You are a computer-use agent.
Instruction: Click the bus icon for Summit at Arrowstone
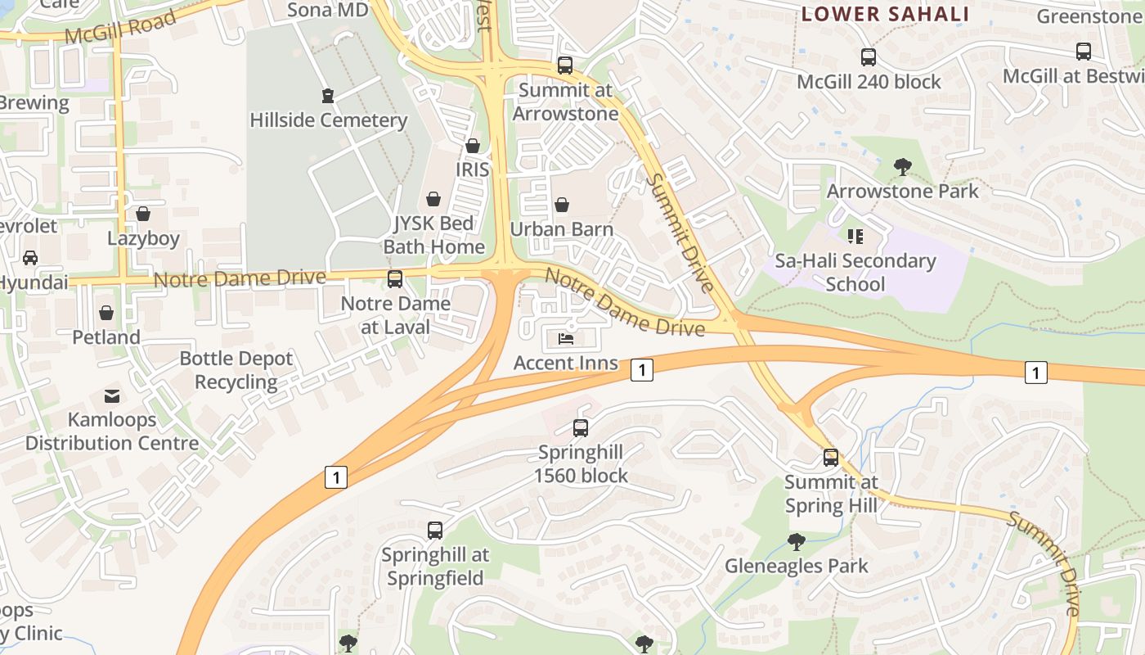(564, 65)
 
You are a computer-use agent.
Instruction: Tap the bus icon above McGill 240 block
(869, 57)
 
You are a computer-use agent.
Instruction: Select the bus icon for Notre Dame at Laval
(395, 279)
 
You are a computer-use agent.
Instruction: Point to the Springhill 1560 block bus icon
(581, 427)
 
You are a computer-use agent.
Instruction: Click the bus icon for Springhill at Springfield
(435, 531)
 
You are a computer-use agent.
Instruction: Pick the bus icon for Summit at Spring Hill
(831, 458)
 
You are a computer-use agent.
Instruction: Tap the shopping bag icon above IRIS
(472, 146)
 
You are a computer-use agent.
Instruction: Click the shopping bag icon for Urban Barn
(562, 205)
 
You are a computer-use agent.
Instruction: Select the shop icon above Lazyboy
(143, 215)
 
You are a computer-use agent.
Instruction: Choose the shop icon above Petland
(106, 313)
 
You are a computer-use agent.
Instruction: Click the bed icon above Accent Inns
(565, 338)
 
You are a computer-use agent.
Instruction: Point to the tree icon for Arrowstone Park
(902, 167)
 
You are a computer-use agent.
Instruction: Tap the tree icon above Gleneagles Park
(796, 541)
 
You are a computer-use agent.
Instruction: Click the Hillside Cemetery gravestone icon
(328, 96)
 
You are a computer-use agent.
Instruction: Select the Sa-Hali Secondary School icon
(855, 237)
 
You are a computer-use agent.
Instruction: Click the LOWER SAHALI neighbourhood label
(885, 14)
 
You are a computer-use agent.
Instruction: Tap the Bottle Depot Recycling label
(236, 370)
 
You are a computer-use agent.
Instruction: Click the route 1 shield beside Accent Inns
(642, 370)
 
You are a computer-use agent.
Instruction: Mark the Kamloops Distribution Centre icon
(111, 396)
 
